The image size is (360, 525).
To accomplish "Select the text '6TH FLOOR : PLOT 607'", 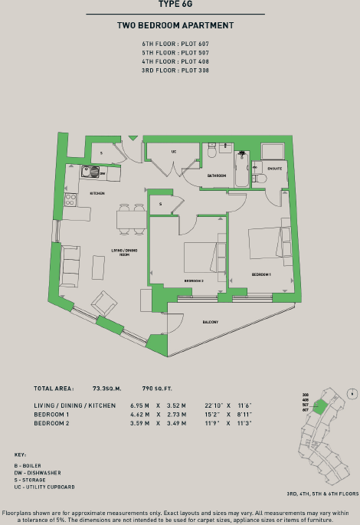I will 175,44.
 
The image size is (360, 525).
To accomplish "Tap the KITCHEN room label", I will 97,193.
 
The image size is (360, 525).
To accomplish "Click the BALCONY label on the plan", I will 209,322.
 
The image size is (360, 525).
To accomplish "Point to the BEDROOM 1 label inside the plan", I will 261,274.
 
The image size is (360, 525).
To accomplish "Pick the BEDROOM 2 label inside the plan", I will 193,281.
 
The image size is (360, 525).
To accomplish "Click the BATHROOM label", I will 216,176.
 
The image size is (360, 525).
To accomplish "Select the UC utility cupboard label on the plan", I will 174,152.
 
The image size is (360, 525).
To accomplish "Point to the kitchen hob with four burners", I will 70,199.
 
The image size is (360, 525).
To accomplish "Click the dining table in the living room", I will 133,220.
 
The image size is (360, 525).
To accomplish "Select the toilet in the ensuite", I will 260,179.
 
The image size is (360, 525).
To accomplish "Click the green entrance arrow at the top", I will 133,139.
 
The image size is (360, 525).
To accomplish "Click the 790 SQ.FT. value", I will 154,389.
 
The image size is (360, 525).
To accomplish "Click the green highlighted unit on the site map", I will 319,406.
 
